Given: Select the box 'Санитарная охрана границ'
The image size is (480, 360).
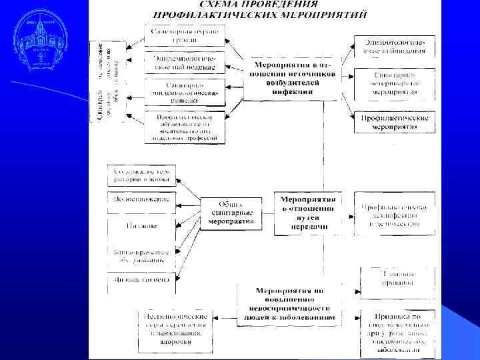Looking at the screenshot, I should pyautogui.click(x=185, y=35).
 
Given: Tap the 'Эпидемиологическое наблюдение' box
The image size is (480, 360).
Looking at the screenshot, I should pyautogui.click(x=185, y=63).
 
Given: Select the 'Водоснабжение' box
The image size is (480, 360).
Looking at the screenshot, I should pyautogui.click(x=141, y=199).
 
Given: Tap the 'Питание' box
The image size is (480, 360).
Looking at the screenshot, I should pyautogui.click(x=141, y=226).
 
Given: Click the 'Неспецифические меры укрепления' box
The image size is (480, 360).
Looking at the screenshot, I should pyautogui.click(x=175, y=330).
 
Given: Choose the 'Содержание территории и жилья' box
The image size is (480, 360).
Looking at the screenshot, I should pyautogui.click(x=141, y=175).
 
